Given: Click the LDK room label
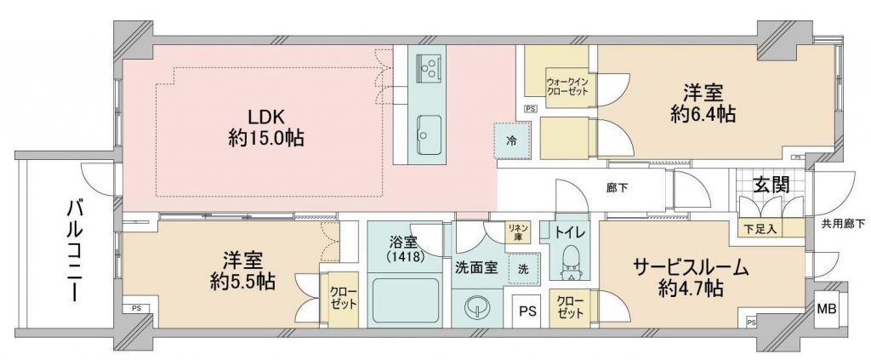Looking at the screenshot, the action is click(266, 117).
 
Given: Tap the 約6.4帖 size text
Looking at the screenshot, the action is click(703, 114).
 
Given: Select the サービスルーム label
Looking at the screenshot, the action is click(692, 268).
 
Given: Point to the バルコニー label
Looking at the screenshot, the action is click(73, 250).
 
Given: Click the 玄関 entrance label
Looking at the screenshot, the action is click(771, 186).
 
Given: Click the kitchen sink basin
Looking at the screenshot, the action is click(430, 135).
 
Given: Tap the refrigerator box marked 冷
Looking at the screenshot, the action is click(511, 140).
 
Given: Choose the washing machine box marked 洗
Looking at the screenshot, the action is click(524, 269).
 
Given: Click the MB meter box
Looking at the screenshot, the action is click(826, 309).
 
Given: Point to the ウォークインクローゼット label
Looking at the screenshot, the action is click(566, 85).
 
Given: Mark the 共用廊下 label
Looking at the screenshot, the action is click(843, 225).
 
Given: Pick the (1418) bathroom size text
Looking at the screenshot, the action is click(407, 257).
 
